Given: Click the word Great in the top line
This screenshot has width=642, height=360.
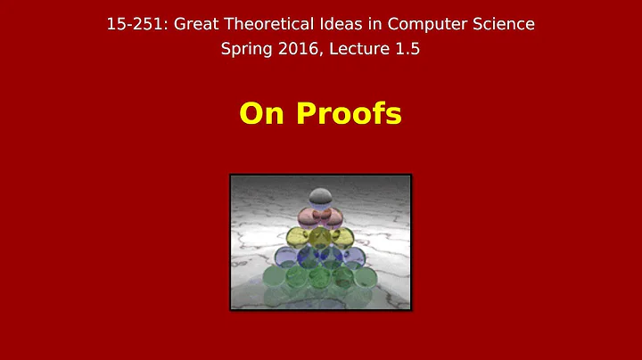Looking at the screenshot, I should (193, 24).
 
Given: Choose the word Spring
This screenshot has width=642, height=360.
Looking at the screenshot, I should (246, 50).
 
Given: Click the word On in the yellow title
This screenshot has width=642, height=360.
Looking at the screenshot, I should (259, 114).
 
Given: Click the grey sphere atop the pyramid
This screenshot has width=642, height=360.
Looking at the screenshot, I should (320, 197).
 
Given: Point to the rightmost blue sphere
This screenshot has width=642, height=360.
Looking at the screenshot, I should (351, 259).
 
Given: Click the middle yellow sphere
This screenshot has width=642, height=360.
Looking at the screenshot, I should (320, 236).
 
